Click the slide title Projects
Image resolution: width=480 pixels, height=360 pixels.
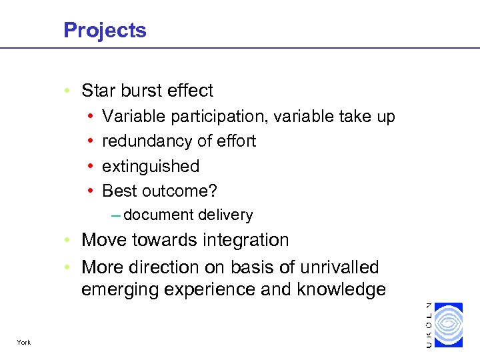tap(105, 30)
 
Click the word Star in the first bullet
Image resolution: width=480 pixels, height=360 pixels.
tap(97, 91)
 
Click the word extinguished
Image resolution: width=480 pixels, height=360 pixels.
tap(151, 166)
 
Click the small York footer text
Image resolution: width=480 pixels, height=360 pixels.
tap(25, 343)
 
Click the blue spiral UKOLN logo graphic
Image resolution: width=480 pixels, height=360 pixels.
tap(448, 325)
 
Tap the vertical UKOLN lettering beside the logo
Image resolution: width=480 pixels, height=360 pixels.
tap(428, 325)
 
